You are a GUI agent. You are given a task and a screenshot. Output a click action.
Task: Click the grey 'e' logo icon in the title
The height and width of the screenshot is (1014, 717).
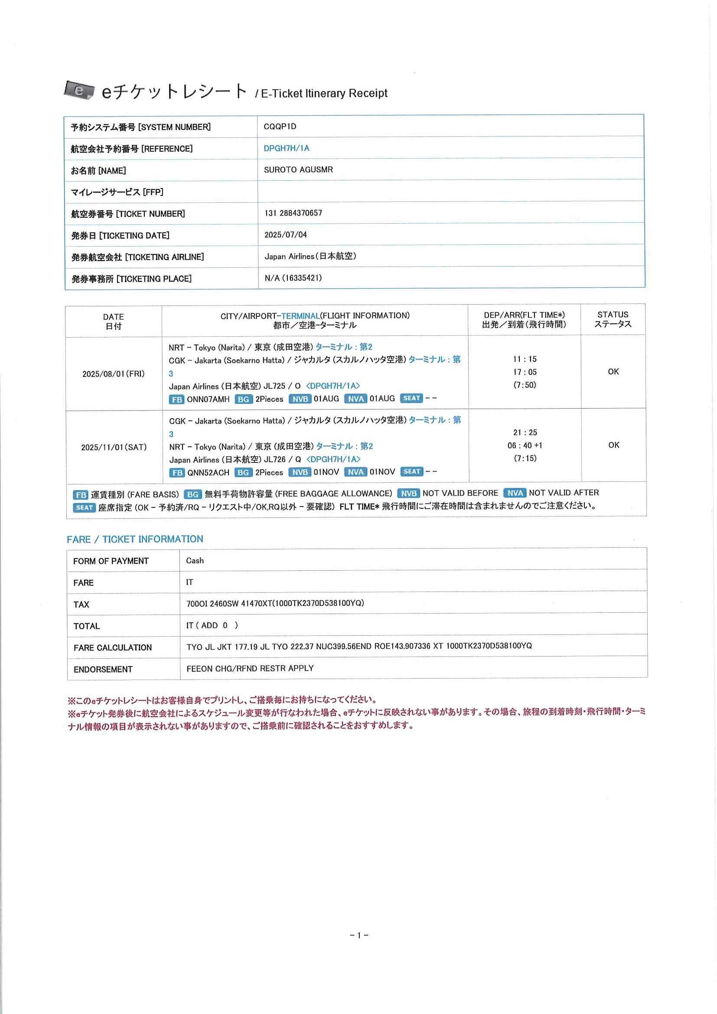[x=79, y=90]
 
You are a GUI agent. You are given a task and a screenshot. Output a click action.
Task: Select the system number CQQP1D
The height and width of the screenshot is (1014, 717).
[x=280, y=127]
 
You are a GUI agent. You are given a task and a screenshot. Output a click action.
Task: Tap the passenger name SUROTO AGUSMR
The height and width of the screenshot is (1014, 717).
[x=298, y=169]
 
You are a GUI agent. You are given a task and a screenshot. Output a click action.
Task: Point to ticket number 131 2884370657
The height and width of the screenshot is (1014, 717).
[x=293, y=213]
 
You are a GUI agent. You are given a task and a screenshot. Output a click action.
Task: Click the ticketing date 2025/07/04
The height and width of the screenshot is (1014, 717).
[x=285, y=234]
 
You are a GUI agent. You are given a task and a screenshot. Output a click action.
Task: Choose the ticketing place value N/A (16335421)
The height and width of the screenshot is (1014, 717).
[x=293, y=278]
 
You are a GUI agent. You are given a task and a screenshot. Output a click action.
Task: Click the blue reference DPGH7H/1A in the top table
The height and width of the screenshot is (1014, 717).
[x=286, y=148]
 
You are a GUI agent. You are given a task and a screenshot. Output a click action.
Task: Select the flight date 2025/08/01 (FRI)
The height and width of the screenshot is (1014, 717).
[x=114, y=374]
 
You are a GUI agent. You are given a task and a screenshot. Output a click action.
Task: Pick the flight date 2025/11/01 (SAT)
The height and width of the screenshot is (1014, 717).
[x=114, y=447]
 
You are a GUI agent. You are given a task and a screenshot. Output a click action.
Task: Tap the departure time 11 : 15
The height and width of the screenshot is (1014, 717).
[x=525, y=359]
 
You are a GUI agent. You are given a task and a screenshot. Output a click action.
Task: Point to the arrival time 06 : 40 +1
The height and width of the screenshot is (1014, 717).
[x=525, y=445]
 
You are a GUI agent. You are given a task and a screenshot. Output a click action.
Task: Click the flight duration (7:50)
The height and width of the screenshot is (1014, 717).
[x=525, y=385]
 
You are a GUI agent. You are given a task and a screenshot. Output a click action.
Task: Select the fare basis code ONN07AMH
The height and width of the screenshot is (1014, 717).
[x=208, y=399]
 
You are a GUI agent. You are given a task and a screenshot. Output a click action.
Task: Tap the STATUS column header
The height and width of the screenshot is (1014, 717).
[x=612, y=319]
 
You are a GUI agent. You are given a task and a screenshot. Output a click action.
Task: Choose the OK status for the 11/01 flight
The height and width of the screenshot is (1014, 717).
[x=613, y=445]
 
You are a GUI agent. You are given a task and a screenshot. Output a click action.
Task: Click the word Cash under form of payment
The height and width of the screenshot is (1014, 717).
[x=195, y=560]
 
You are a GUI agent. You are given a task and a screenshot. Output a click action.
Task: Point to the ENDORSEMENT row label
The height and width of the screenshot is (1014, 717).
[x=103, y=669]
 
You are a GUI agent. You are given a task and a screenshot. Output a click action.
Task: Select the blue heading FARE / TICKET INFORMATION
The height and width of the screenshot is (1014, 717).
[x=135, y=539]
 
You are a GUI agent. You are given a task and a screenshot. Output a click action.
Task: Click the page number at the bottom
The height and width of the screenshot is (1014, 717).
[x=359, y=935]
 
